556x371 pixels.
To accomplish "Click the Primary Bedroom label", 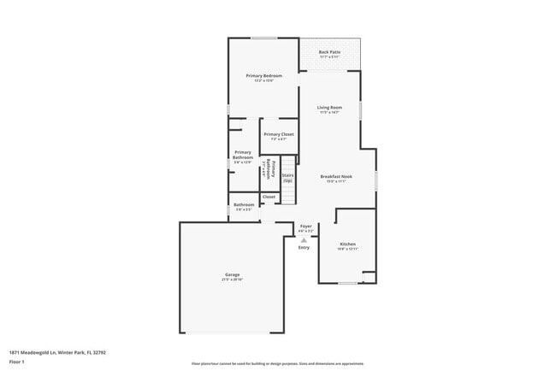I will [263, 76].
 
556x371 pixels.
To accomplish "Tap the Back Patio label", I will [329, 52].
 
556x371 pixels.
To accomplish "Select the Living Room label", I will [329, 107].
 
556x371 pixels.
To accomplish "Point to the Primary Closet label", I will [278, 134].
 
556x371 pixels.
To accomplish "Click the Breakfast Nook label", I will [336, 176].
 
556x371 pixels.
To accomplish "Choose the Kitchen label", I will [346, 244].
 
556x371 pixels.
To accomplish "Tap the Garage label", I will [233, 274].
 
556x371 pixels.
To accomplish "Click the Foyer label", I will [305, 227].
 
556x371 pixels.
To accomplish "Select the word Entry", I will [304, 248].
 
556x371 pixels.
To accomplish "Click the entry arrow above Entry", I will [304, 240].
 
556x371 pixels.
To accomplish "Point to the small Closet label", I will [269, 197].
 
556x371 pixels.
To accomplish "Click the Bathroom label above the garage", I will [244, 204].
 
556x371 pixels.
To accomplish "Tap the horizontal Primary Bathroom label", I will [242, 155].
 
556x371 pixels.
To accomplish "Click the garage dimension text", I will [233, 280].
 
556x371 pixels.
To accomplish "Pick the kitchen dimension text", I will [346, 249].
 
